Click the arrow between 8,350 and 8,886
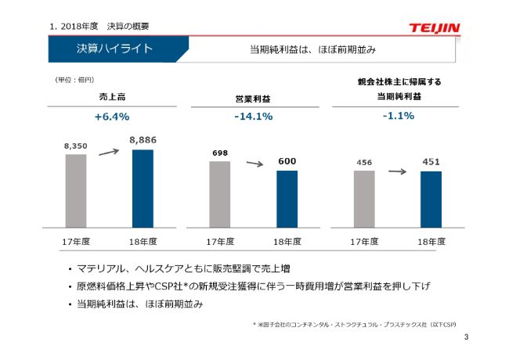[109, 152]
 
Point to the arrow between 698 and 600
[254, 164]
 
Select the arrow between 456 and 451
[398, 170]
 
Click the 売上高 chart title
[112, 97]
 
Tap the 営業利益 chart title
[253, 99]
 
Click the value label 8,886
[143, 139]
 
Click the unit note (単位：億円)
[74, 80]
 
